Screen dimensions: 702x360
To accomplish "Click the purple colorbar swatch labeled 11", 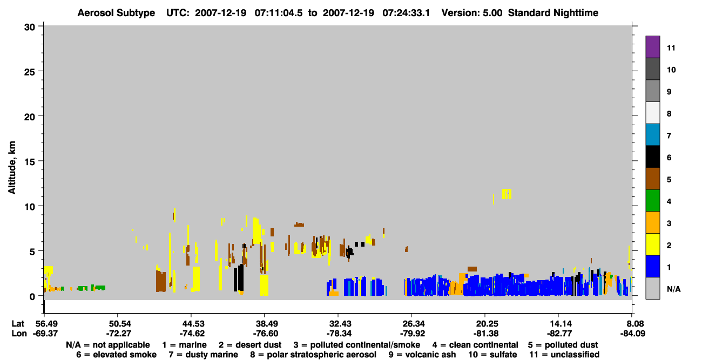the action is tap(652, 46).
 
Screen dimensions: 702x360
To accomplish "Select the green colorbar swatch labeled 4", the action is tap(652, 201).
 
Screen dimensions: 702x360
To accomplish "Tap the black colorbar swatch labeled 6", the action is tap(652, 157).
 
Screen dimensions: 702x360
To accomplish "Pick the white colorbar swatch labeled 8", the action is tap(652, 113).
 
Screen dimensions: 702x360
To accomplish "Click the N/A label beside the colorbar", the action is tap(673, 289).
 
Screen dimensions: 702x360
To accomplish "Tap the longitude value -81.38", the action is tap(486, 334).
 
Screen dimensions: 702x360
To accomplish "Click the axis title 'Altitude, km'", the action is tap(11, 168).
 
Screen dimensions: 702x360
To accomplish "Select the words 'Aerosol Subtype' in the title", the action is tap(116, 13).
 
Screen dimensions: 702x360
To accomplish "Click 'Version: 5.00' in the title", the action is tap(472, 13).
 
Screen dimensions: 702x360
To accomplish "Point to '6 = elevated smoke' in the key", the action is tap(116, 355).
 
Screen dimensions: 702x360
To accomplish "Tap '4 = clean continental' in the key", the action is tap(475, 345).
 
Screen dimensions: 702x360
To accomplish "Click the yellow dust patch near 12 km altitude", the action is tap(507, 194).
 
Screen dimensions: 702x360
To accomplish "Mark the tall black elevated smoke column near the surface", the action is tap(239, 278).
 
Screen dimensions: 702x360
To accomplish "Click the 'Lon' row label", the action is tap(19, 334).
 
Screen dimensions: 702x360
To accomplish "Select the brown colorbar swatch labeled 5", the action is tap(652, 179).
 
